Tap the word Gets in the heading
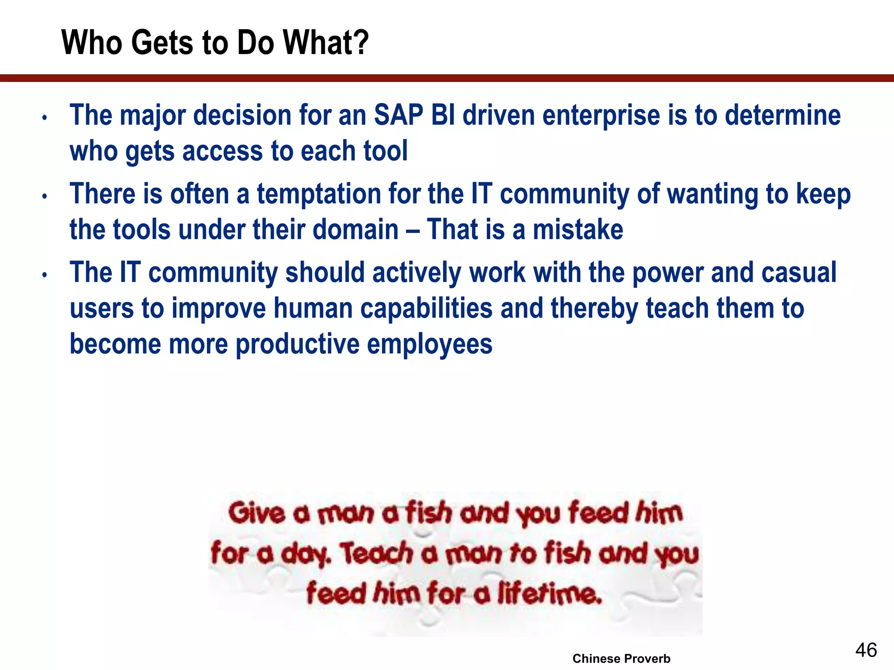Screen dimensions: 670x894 [162, 43]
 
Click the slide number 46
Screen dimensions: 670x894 [866, 650]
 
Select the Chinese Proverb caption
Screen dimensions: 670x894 [621, 658]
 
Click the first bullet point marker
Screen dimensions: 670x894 [45, 118]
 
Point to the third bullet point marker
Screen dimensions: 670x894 [45, 275]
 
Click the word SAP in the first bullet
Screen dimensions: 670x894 [398, 115]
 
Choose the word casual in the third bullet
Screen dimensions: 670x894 [799, 273]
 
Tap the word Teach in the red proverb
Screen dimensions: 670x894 [377, 554]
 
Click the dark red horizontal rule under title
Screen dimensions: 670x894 [447, 78]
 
